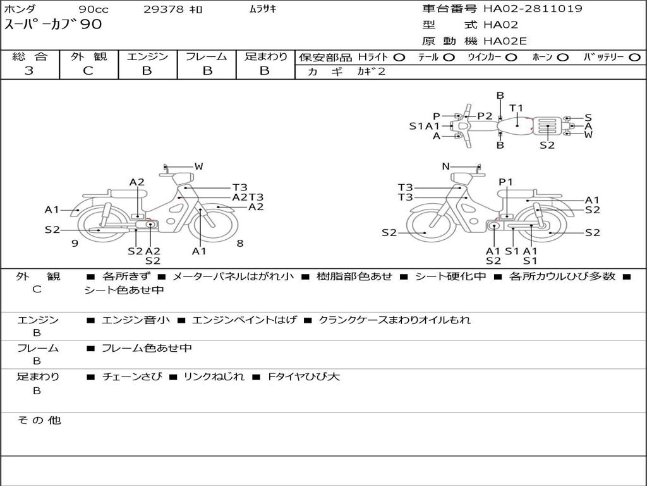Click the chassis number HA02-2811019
pos(533,9)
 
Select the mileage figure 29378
pos(164,9)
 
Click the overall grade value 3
pos(29,71)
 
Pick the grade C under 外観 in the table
pos(88,71)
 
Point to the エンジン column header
pos(147,56)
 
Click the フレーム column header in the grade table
pos(206,56)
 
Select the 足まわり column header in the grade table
pos(265,56)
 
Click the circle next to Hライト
pos(399,57)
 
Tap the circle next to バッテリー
pos(634,57)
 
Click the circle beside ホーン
pos(562,57)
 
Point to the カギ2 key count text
pos(371,72)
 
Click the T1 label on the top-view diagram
pos(516,108)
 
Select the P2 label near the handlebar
pos(485,116)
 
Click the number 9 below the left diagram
pos(75,243)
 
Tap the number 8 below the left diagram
pos(240,243)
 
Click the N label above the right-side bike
pos(445,166)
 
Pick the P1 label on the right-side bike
pos(506,182)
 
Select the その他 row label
pos(39,420)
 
